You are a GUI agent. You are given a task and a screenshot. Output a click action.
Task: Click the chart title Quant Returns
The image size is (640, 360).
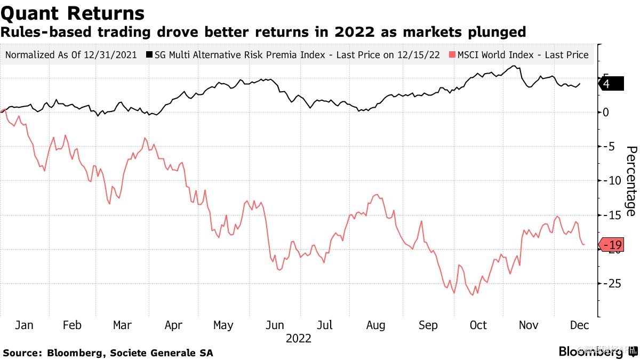point(73,13)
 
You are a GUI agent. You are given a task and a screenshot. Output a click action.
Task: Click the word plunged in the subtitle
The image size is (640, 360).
point(495,33)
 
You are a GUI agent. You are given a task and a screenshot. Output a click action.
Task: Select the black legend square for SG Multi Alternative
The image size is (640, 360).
point(150,55)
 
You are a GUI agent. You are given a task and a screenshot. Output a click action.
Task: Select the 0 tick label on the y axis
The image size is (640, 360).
point(605,112)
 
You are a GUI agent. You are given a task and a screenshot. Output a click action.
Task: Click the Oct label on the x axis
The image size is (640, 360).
point(478,325)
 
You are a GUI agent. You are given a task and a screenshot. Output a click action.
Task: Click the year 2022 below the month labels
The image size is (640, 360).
point(299,338)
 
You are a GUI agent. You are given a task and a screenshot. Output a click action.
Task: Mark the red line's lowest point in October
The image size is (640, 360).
point(473,295)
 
